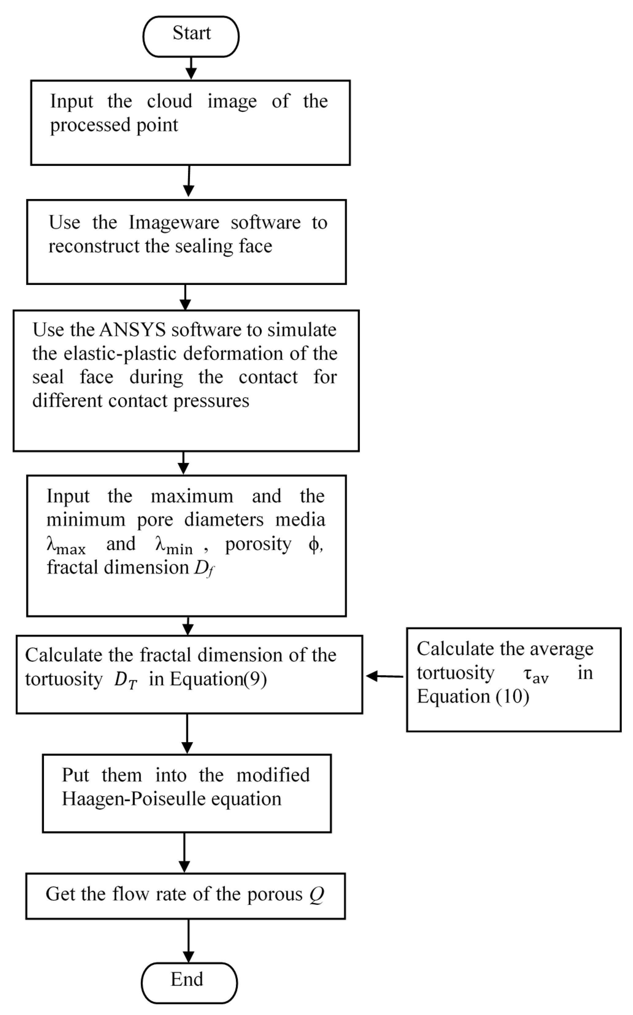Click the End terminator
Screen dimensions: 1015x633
tap(189, 983)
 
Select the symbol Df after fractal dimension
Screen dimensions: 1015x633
tap(204, 569)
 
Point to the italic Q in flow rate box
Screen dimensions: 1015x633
tap(316, 895)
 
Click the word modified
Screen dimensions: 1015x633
tap(273, 775)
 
